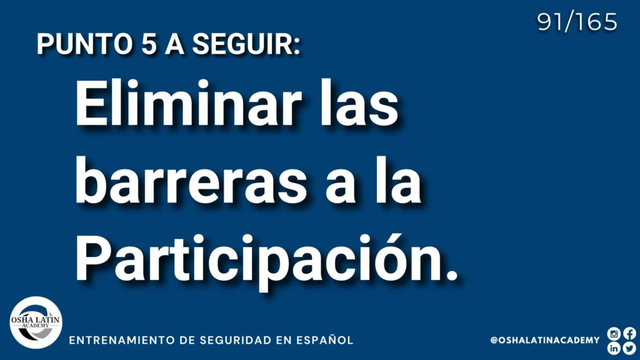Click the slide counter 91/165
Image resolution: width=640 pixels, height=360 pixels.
click(x=577, y=22)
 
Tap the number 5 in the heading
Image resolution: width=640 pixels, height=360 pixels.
click(x=149, y=44)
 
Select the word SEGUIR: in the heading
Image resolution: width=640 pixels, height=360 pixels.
click(x=246, y=44)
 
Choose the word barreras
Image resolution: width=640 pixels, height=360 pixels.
click(x=191, y=181)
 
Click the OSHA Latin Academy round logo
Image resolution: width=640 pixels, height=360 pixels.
click(x=36, y=322)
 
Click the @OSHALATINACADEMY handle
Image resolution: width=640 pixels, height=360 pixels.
click(x=545, y=340)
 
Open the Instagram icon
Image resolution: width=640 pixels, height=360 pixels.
click(x=614, y=334)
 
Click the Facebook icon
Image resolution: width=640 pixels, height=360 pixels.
click(x=629, y=334)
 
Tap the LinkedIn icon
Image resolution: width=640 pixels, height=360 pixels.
click(x=614, y=348)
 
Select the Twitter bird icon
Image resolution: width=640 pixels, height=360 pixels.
click(x=629, y=348)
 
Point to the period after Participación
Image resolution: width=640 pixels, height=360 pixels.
click(x=452, y=276)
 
